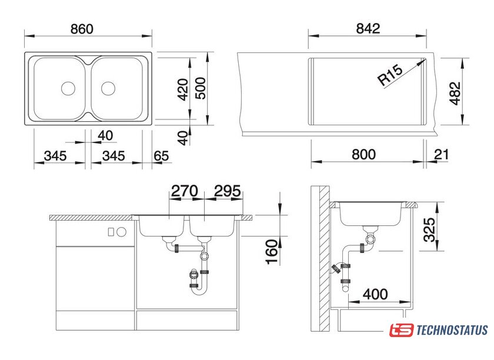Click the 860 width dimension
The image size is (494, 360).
coord(82,29)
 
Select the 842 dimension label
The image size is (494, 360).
coord(368,28)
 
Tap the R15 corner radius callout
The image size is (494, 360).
coord(390,75)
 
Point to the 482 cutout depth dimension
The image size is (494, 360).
coord(455,94)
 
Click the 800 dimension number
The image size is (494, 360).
coord(363,155)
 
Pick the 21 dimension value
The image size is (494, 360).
coord(441,155)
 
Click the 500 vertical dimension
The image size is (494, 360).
coord(201,88)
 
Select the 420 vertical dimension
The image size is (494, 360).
coord(183,89)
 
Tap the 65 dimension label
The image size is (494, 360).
coord(161,156)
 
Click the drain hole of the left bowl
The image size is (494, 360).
coord(68,88)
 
